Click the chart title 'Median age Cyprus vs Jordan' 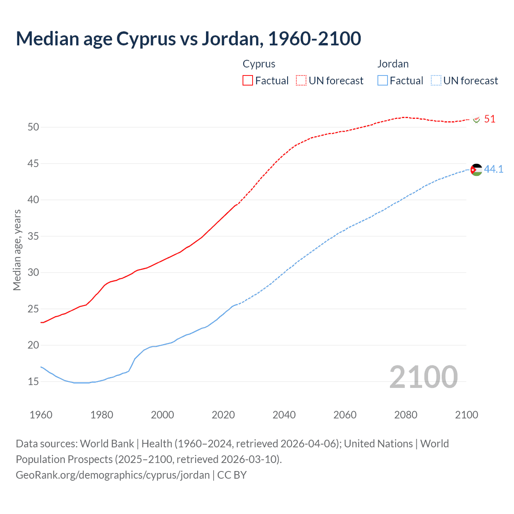[x=188, y=39]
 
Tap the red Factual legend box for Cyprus [x=248, y=81]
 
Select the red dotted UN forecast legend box [x=301, y=81]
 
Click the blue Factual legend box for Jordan [x=383, y=81]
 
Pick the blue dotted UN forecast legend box [x=436, y=81]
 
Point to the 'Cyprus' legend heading [x=259, y=64]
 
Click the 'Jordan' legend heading [x=393, y=64]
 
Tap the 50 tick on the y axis [x=33, y=127]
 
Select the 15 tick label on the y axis [x=33, y=382]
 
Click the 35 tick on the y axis [x=33, y=237]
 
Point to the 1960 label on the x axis [x=41, y=415]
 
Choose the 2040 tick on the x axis [x=284, y=415]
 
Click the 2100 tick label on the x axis [x=466, y=415]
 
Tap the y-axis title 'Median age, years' [x=17, y=250]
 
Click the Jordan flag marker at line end [x=476, y=170]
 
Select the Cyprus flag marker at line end [x=477, y=120]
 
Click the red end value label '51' [x=490, y=119]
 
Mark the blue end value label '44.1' [x=494, y=169]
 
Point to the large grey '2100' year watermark [x=423, y=377]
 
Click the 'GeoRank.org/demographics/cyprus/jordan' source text [x=113, y=475]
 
